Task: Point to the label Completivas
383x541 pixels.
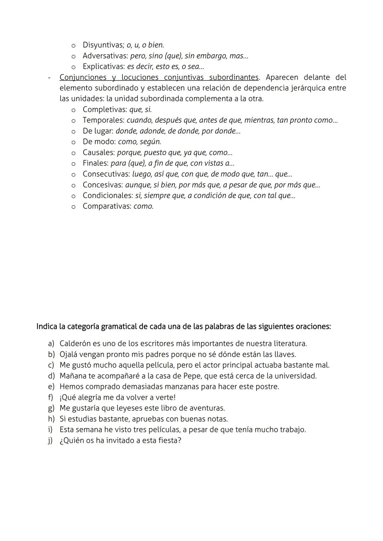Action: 105,109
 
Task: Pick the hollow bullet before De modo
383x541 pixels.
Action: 73,142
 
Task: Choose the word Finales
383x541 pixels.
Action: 95,163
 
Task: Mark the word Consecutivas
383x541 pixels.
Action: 106,174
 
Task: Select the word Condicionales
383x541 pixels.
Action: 107,195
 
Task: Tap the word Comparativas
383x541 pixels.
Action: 107,206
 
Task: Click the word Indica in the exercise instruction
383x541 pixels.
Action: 47,326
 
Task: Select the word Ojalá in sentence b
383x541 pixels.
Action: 68,354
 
